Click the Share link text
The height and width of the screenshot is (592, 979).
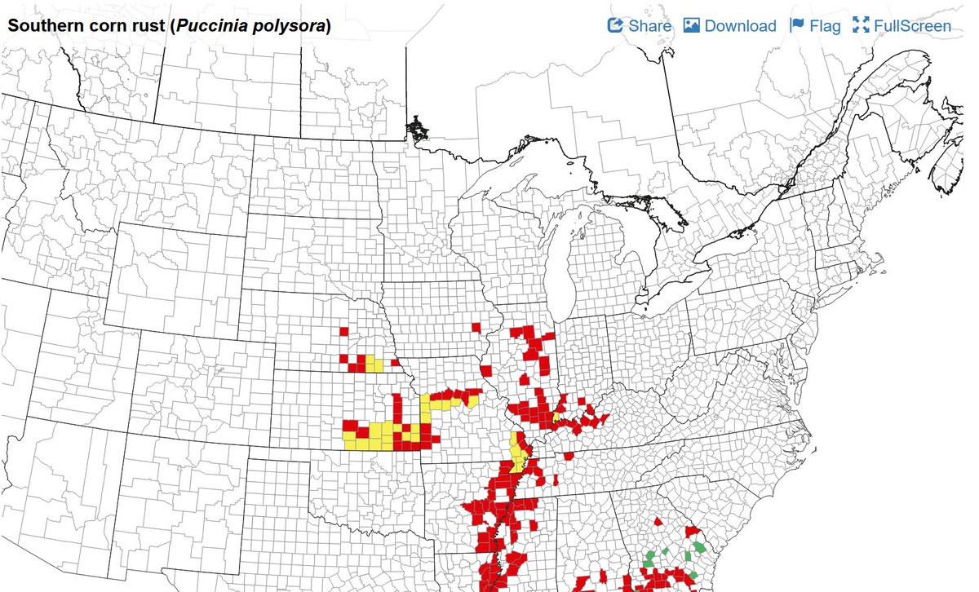click(x=649, y=26)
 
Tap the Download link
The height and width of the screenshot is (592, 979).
click(x=740, y=26)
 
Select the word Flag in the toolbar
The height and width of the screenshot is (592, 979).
click(x=825, y=26)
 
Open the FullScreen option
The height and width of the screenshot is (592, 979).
click(x=912, y=26)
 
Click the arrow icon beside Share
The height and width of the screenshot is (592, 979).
click(x=615, y=25)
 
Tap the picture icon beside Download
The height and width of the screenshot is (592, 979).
click(x=692, y=25)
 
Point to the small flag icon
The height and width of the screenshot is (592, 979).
click(x=797, y=25)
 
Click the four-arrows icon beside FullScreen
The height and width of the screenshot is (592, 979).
click(x=861, y=25)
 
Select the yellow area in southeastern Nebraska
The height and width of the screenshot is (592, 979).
click(x=373, y=364)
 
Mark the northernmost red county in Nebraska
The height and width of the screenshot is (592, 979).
click(x=343, y=330)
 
